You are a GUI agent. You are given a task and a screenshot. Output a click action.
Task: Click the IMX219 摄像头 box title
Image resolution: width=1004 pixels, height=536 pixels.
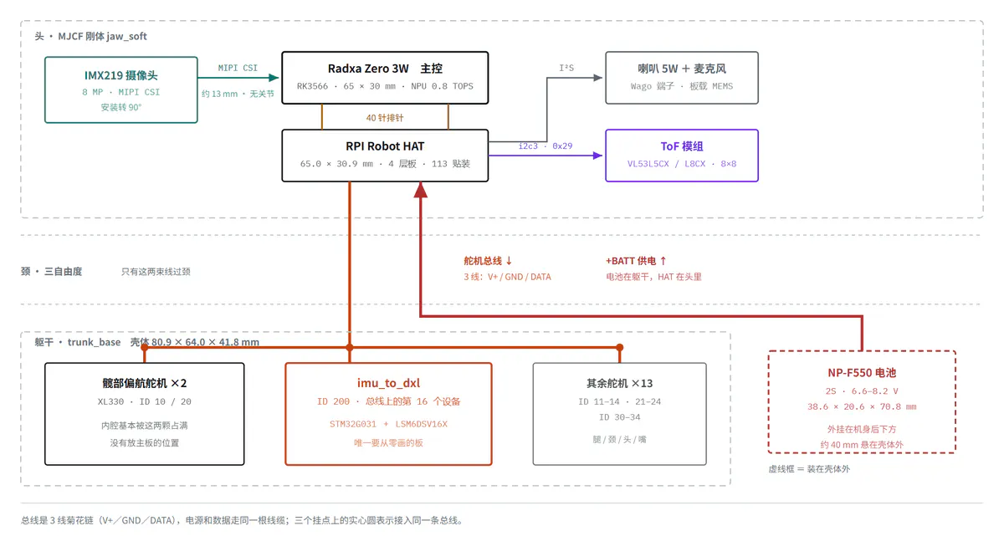[121, 75]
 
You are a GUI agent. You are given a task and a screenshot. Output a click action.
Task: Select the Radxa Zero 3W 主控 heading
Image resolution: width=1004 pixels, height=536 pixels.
[385, 69]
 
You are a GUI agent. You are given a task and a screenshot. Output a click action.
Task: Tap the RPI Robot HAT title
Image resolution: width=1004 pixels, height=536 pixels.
[385, 146]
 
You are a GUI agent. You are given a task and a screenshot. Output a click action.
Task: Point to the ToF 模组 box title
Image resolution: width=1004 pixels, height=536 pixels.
[682, 146]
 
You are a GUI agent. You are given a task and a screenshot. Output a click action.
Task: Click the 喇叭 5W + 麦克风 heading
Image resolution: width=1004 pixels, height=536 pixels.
[682, 69]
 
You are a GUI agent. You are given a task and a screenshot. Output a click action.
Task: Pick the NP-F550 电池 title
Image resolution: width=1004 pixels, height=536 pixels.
[862, 373]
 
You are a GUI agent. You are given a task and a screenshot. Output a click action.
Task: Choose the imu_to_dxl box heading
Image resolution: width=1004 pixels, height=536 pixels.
[388, 383]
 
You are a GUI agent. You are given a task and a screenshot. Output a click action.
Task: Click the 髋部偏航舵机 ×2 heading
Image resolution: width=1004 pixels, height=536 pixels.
[144, 383]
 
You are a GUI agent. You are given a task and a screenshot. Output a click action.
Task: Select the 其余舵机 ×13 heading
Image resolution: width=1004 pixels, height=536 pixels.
[619, 383]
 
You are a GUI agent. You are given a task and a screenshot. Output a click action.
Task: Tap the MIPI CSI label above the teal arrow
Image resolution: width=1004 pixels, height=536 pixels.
[238, 68]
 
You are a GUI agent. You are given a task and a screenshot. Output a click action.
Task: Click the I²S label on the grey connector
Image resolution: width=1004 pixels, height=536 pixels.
[566, 68]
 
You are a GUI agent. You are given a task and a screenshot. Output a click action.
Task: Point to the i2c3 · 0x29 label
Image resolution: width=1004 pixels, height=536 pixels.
[546, 146]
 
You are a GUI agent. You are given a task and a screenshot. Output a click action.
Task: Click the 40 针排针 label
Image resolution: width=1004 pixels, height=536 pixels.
[385, 118]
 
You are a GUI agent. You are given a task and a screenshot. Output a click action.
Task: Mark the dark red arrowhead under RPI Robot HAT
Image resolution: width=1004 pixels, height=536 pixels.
[420, 190]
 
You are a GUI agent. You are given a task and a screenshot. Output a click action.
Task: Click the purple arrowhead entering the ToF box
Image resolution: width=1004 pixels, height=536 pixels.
[597, 156]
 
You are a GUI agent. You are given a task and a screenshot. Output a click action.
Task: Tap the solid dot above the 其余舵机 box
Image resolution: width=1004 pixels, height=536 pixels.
[619, 347]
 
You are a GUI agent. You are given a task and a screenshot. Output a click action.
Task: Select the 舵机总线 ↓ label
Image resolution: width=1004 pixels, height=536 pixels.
[488, 261]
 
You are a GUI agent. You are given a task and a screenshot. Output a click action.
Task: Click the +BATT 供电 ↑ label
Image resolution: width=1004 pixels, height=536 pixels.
[636, 261]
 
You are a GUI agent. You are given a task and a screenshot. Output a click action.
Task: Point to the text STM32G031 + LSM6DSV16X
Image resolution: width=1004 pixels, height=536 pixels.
[388, 424]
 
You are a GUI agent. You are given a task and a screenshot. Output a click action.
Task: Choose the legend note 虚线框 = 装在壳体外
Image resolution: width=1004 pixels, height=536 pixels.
[809, 469]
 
